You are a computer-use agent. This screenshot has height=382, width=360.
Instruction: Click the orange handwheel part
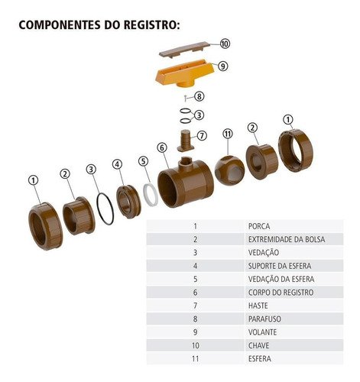(185, 75)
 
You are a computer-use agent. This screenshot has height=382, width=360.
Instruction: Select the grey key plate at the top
(184, 50)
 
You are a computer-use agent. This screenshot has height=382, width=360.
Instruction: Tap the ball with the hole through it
(229, 170)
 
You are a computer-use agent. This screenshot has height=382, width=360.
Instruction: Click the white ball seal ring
(151, 195)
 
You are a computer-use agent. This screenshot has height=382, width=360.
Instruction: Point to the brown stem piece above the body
(186, 141)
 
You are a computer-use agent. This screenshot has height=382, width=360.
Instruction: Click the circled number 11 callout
(228, 134)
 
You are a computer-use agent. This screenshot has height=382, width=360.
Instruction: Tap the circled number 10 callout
(225, 44)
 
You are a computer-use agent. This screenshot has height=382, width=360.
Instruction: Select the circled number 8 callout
(199, 96)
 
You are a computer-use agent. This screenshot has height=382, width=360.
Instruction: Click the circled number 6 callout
(162, 147)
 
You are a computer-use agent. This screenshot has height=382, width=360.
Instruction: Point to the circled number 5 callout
(144, 161)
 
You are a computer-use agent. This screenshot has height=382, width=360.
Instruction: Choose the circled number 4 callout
(117, 164)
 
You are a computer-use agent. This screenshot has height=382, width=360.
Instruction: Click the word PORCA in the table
(259, 226)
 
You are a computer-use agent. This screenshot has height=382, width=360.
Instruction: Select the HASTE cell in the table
(258, 306)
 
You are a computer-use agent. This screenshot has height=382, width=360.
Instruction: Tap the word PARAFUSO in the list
(264, 319)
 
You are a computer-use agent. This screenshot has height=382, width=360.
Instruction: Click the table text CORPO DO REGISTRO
(281, 293)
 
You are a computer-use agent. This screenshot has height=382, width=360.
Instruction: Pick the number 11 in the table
(195, 358)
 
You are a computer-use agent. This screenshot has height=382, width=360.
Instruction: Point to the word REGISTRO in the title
(151, 25)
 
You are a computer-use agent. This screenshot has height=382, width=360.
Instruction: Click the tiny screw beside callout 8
(186, 98)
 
